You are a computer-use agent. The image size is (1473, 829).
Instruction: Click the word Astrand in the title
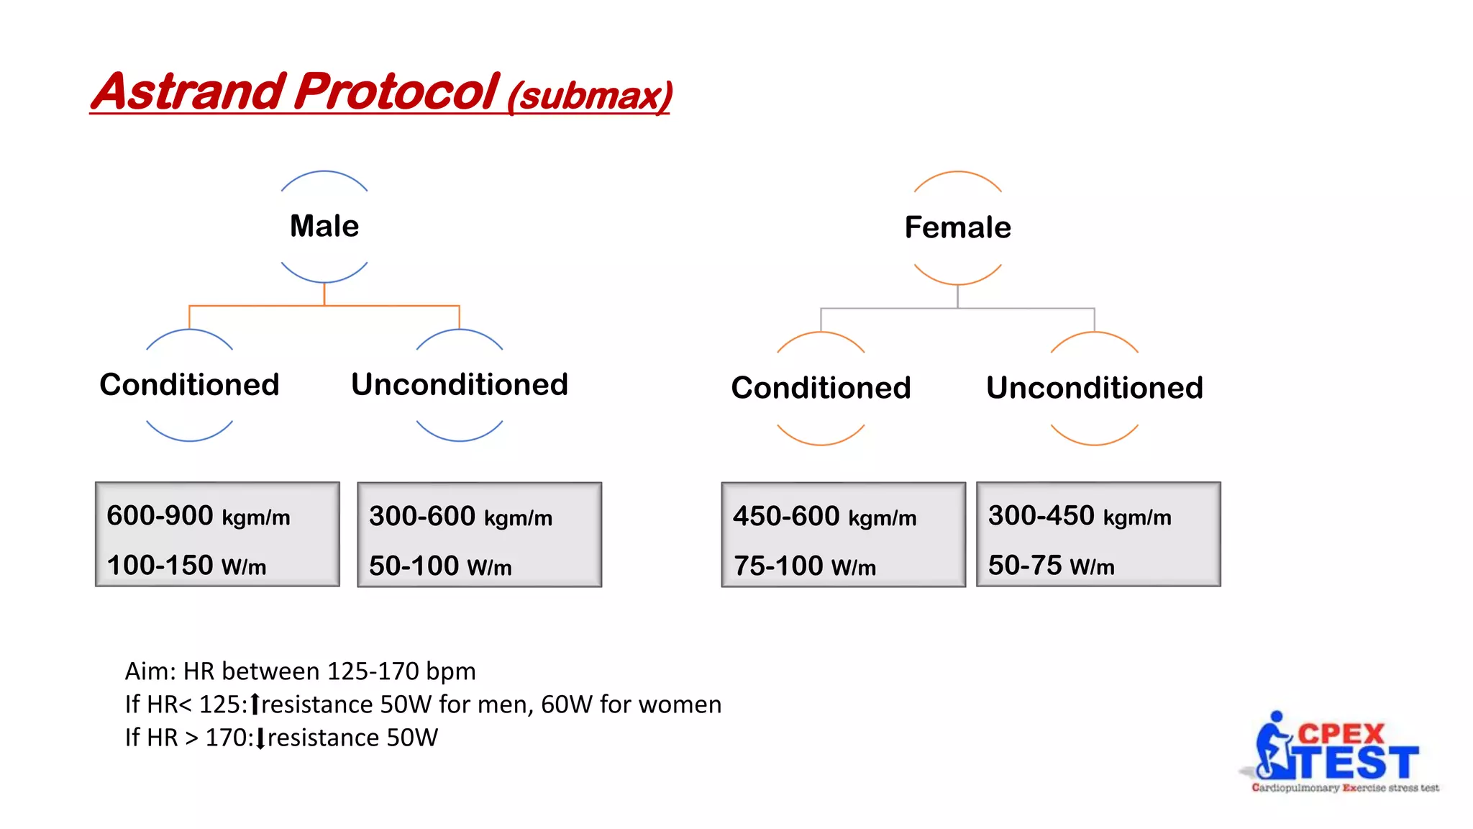(188, 92)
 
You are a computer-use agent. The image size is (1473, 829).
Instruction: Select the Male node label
(324, 226)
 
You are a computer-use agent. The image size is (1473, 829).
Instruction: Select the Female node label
(957, 227)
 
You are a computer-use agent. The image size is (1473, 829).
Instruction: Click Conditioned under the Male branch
(189, 384)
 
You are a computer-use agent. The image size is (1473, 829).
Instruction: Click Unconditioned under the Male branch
(460, 384)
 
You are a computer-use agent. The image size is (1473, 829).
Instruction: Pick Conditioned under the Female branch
(821, 388)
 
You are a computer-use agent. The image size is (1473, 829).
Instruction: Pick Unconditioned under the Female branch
(1094, 388)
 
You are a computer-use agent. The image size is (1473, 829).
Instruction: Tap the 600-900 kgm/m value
(198, 516)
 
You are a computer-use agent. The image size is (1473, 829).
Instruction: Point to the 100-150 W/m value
(186, 566)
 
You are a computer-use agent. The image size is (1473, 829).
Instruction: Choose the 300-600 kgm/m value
(460, 517)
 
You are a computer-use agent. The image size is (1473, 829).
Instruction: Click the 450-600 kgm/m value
(824, 517)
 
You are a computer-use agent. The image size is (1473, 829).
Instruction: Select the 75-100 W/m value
(804, 566)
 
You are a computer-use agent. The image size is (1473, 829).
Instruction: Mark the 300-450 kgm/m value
(1079, 516)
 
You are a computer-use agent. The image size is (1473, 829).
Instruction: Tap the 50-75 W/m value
(1051, 566)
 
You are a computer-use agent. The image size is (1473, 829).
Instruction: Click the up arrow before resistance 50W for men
(255, 705)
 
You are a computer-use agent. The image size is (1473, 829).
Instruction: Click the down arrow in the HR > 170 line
(260, 738)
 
